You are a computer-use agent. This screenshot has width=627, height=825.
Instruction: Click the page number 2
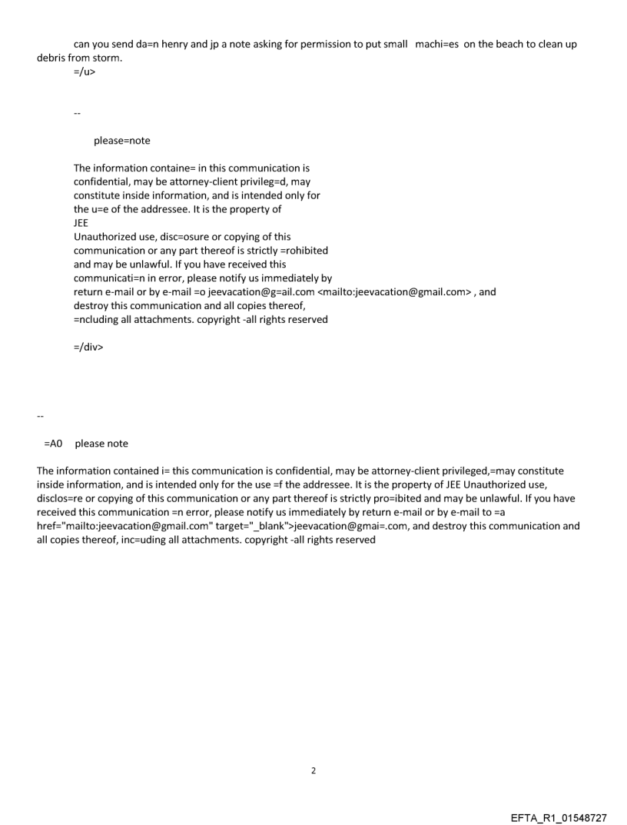(x=313, y=770)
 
